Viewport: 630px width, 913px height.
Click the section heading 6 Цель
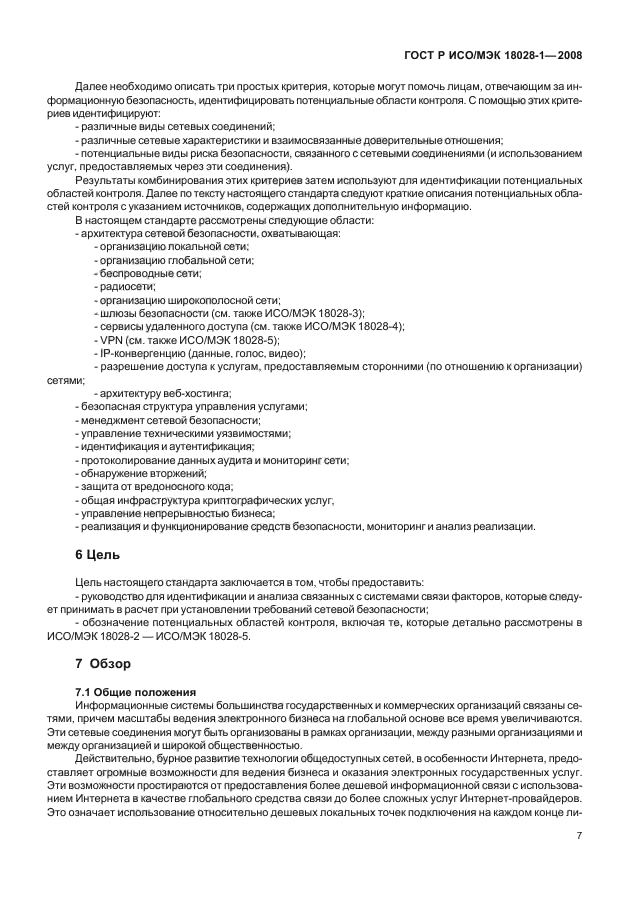click(98, 553)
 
